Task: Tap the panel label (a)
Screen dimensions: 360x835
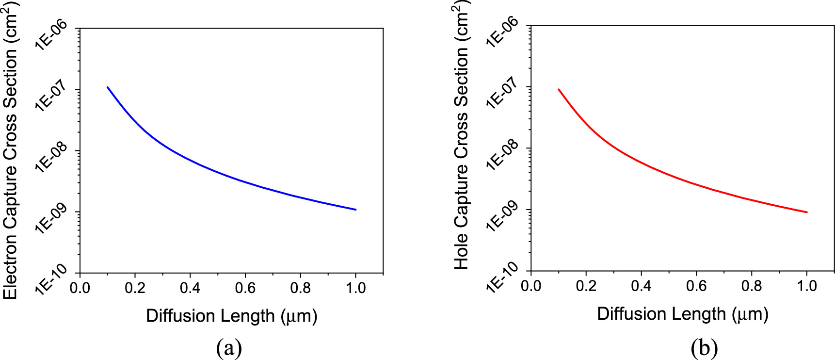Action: (229, 348)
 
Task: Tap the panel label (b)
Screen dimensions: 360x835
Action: (704, 348)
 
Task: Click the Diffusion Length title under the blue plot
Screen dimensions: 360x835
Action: (231, 316)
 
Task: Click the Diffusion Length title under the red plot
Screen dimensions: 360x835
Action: (682, 314)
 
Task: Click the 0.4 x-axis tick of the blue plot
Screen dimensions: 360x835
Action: (190, 288)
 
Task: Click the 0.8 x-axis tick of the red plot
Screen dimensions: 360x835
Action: (752, 286)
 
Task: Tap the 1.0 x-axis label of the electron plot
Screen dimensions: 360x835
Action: (355, 288)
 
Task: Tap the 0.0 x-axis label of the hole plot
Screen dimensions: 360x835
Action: (531, 286)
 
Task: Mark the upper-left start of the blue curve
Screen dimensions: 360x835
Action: (108, 87)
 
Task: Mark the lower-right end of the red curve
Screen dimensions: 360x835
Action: (806, 212)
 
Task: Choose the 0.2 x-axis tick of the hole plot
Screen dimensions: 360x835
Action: (586, 286)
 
